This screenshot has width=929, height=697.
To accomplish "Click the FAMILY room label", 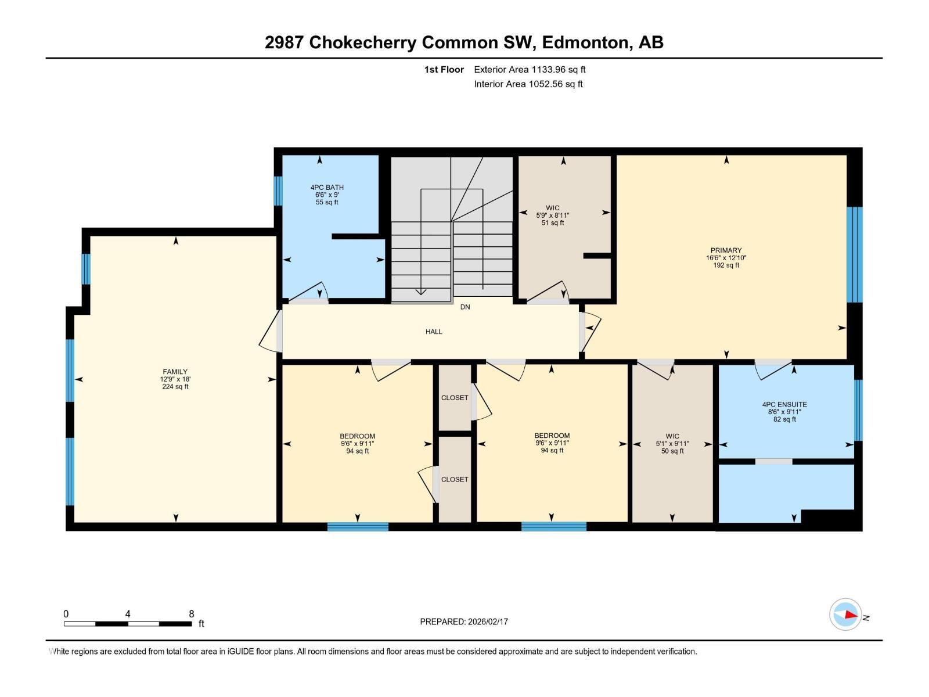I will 175,372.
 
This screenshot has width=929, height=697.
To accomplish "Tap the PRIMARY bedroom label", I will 726,250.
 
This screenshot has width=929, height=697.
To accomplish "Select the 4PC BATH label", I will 327,187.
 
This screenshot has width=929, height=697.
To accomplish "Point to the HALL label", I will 434,332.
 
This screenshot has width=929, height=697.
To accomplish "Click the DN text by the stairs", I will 465,307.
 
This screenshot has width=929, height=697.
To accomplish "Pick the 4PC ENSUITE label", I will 784,404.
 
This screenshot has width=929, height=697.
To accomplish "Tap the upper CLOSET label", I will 455,398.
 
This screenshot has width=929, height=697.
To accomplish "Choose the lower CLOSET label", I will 455,479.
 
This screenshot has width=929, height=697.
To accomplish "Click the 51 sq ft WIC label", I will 552,208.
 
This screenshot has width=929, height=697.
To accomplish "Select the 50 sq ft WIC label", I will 672,436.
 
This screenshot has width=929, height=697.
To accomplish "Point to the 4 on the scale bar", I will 128,614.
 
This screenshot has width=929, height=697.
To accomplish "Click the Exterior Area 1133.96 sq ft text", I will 530,69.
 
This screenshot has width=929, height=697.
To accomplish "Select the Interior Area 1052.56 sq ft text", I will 528,84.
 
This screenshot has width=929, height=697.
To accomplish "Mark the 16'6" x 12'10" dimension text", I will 726,258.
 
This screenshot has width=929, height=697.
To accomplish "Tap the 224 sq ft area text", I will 175,387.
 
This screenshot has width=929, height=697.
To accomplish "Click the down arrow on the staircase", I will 421,292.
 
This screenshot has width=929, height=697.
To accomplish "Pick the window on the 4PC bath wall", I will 278,191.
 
